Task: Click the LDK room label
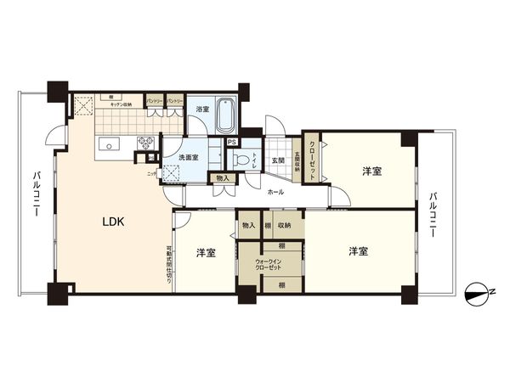[x=114, y=222]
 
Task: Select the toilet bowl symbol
[x=241, y=160]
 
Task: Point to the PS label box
[x=232, y=142]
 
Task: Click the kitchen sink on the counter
[x=109, y=145]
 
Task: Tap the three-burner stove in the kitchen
[x=144, y=143]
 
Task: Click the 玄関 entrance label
[x=277, y=160]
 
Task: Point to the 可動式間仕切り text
[x=169, y=264]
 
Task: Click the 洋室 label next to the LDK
[x=205, y=252]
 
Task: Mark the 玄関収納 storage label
[x=296, y=164]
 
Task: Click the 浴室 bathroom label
[x=201, y=110]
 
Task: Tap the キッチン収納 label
[x=120, y=104]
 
